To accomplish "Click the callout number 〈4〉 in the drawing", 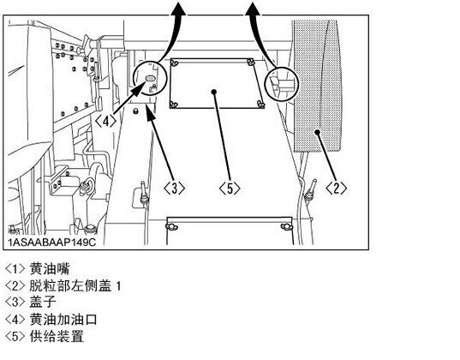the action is click(106, 121).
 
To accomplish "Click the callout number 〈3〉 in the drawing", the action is click(174, 188).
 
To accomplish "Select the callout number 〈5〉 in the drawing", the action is click(230, 188).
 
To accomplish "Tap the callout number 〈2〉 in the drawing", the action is click(336, 188).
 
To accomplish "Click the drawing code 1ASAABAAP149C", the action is click(52, 243).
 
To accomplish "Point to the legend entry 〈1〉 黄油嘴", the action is click(38, 268).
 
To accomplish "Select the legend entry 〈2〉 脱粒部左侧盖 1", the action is click(63, 285).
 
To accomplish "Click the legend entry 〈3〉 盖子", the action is click(31, 302).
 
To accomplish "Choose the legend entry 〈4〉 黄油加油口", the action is click(51, 319).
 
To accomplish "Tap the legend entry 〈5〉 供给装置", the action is click(45, 336).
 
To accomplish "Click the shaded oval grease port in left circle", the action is click(150, 78).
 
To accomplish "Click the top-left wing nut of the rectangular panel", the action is click(175, 63).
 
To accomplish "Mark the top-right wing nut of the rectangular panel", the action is click(250, 63).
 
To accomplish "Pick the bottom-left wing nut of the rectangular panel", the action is click(174, 105).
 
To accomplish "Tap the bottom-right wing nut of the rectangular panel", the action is click(260, 104).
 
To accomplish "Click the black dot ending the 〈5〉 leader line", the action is click(214, 92).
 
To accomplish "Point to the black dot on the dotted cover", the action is click(317, 132).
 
